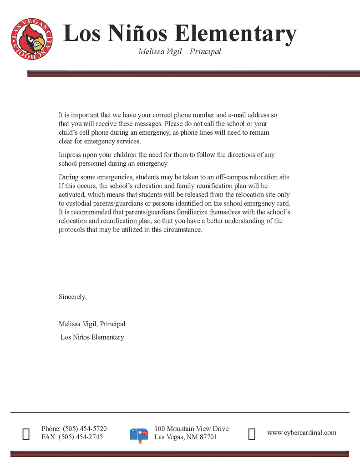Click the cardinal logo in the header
(x=31, y=41)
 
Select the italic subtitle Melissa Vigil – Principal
(x=179, y=51)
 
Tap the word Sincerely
(x=72, y=297)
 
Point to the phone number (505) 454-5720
(x=85, y=429)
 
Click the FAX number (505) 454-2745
(x=81, y=437)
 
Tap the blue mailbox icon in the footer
(x=139, y=435)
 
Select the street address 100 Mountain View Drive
(x=191, y=429)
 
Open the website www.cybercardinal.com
(x=301, y=432)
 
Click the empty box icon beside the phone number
(x=26, y=434)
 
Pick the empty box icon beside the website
(x=252, y=434)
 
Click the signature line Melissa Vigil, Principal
(x=92, y=324)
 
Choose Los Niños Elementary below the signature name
(x=92, y=337)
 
